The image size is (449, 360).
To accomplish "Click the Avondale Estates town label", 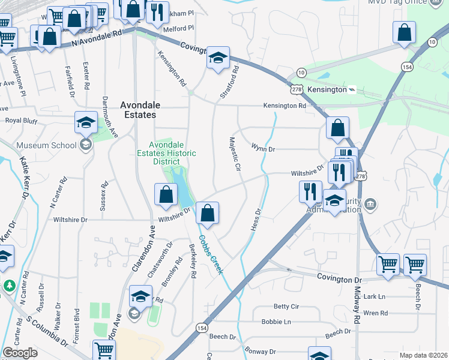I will click(x=139, y=109).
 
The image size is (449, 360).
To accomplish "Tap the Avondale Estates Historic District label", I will click(x=173, y=153).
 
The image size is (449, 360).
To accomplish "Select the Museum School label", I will click(x=46, y=145).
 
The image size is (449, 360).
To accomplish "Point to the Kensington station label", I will click(x=327, y=89).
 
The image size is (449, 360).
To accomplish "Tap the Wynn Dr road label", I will click(x=262, y=148).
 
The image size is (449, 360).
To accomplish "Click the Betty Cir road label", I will click(x=286, y=307).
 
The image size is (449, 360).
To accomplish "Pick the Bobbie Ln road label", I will click(x=276, y=322).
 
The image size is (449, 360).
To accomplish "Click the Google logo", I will click(x=20, y=353).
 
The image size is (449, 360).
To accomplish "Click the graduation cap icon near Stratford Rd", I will click(x=218, y=58).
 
